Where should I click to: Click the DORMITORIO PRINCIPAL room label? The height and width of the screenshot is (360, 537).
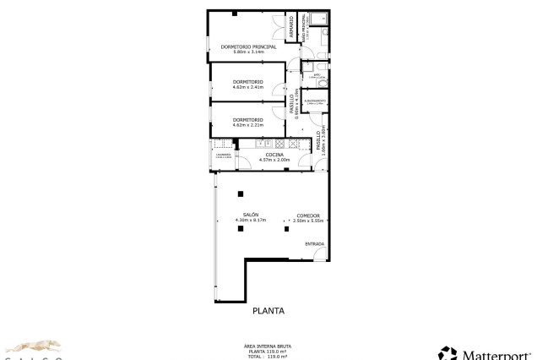click(248, 46)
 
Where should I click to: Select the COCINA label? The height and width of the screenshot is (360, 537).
click(274, 155)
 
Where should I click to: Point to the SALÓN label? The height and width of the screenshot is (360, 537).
click(251, 215)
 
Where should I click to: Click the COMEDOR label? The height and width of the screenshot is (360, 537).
click(308, 215)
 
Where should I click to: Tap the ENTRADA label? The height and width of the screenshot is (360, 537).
click(314, 244)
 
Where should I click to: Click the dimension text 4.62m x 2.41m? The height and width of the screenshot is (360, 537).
click(248, 87)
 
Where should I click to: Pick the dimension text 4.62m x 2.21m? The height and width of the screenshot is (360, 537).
click(248, 125)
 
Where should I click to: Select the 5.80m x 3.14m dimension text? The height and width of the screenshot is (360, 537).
click(248, 52)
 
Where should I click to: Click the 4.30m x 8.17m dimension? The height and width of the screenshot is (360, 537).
click(251, 221)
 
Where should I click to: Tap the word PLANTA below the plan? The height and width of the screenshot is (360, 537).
click(268, 311)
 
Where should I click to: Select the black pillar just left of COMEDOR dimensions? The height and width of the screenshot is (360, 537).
click(286, 228)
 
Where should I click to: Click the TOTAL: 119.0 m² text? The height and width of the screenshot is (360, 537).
click(268, 357)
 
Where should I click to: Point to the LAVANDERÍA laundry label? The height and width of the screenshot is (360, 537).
click(223, 155)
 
